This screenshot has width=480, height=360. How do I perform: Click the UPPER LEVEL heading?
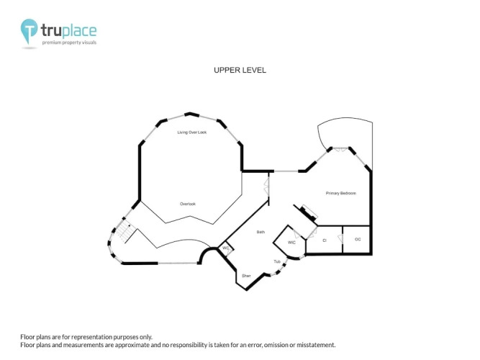coord(240,70)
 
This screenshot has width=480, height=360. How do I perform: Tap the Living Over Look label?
coord(192,132)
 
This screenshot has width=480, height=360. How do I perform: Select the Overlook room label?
coord(188,204)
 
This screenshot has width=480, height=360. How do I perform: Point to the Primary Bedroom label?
coord(340,194)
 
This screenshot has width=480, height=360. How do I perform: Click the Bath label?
coord(261,232)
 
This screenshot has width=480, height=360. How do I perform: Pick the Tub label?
coord(277,261)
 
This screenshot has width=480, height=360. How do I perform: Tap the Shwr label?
coord(246,276)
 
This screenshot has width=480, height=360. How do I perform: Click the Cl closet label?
coord(325,240)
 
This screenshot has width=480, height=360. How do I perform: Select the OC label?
coord(358,239)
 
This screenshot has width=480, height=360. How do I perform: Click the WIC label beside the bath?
coord(291,243)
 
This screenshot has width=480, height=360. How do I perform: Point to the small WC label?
coord(226,248)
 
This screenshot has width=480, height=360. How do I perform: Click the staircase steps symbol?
coord(124,232)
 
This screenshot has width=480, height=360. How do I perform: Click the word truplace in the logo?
coord(69,31)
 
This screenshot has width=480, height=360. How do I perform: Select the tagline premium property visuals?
coord(69,42)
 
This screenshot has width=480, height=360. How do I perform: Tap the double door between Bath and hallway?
coord(267,187)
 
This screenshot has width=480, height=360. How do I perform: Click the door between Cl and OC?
coord(340,238)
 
